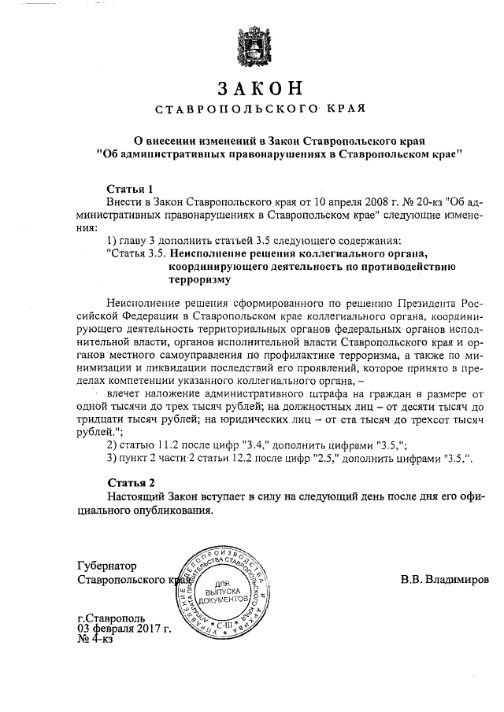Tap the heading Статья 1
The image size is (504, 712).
130,189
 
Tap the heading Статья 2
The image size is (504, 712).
130,481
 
